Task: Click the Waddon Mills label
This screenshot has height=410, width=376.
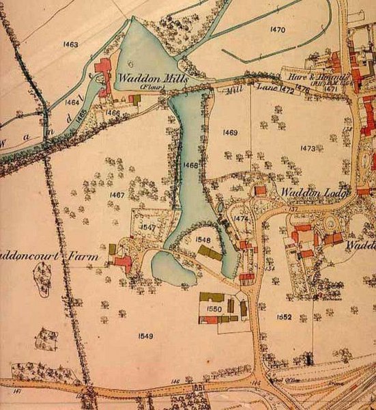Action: [x=147, y=79]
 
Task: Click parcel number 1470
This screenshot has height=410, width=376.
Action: [x=277, y=29]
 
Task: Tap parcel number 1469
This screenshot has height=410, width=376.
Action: [x=229, y=132]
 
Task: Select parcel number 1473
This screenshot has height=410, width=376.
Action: [x=308, y=148]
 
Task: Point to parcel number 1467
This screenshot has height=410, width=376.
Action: [x=116, y=195]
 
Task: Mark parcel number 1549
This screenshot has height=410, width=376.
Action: [x=145, y=335]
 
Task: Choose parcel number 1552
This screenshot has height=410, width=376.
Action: [x=285, y=317]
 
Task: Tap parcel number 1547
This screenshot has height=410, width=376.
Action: [x=149, y=226]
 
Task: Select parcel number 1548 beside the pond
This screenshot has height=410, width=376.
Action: [x=203, y=240]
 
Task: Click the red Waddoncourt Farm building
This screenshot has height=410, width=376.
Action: [x=124, y=262]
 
